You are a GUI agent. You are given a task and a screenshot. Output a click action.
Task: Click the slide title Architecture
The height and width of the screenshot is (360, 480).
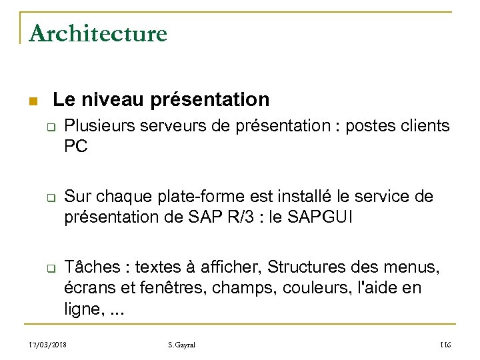click(x=98, y=33)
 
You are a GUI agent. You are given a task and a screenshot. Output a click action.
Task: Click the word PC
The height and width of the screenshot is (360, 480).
click(x=76, y=147)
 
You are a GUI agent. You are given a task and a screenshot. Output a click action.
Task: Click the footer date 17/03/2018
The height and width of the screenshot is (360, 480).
click(x=49, y=345)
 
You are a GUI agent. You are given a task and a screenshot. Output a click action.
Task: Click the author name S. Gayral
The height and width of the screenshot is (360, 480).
click(x=181, y=345)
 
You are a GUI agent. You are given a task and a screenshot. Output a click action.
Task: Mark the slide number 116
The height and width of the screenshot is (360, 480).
click(x=445, y=345)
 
